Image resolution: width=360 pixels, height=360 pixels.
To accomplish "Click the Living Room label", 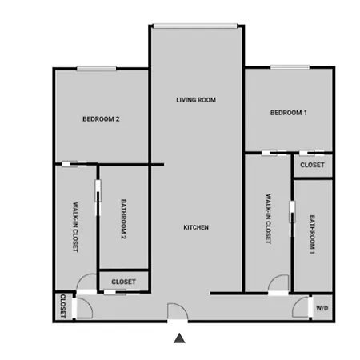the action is pos(196,100).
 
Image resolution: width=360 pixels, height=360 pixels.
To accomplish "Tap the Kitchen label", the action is pos(196,227).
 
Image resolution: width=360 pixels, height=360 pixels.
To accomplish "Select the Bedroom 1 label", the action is pos(289,113).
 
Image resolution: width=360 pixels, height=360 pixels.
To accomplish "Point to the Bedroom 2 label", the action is pos(101,119).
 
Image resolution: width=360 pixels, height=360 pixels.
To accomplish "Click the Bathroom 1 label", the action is pos(312,234).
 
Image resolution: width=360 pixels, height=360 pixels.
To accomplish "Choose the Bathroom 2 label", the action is pos(123,219).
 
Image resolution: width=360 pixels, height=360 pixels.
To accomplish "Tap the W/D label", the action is pos(322,308).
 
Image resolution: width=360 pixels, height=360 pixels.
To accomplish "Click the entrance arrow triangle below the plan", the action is pos(179,338).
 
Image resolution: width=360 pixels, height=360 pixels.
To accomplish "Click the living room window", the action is pos(195,26).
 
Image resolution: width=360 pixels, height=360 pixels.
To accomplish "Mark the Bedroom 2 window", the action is pos(97,69).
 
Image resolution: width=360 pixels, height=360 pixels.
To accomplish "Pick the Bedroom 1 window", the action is pos(290,67).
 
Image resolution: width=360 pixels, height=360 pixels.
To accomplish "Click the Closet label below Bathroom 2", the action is pos(124,282).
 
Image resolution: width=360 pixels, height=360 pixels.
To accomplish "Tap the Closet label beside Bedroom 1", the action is pos(312,165).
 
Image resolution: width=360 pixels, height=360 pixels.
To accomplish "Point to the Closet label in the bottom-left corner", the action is pos(63,306).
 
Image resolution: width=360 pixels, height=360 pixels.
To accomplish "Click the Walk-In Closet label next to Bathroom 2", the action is pos(75,227).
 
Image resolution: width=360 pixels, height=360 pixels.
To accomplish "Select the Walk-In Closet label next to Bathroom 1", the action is pos(269,218).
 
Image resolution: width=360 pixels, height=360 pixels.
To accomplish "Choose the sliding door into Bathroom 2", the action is pos(98,198).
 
